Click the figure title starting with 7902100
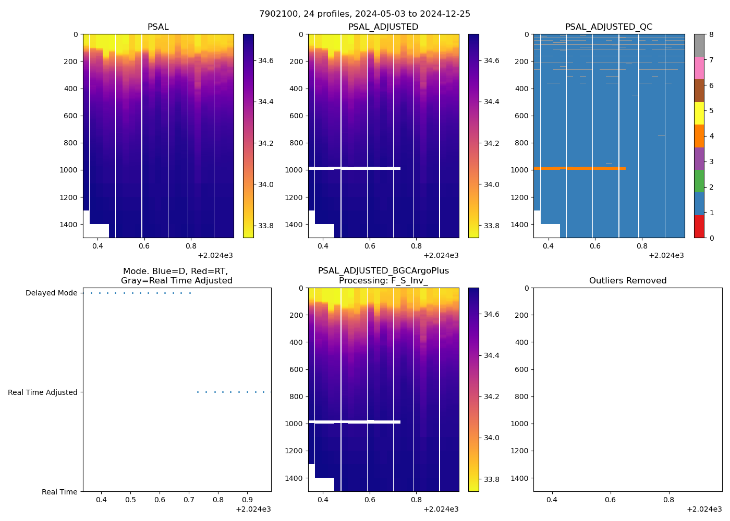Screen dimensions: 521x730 tap(364, 14)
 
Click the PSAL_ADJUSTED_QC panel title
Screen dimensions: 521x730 tap(609, 27)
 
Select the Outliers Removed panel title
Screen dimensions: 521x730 tap(627, 281)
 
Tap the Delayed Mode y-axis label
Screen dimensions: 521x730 tap(51, 293)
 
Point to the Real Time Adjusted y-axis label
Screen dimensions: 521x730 tap(42, 392)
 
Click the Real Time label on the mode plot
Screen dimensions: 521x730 tap(59, 492)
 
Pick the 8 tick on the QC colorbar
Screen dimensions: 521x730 tap(711, 34)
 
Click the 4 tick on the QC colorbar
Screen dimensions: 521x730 tap(711, 136)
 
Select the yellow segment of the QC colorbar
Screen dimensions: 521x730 tap(699, 113)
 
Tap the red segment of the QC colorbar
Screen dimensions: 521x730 tap(699, 227)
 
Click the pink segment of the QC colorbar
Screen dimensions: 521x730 tap(699, 68)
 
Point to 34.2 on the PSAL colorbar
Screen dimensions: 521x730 tap(266, 143)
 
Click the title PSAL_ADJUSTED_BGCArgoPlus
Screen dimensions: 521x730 tap(383, 271)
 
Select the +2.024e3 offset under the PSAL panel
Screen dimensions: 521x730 tap(215, 255)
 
